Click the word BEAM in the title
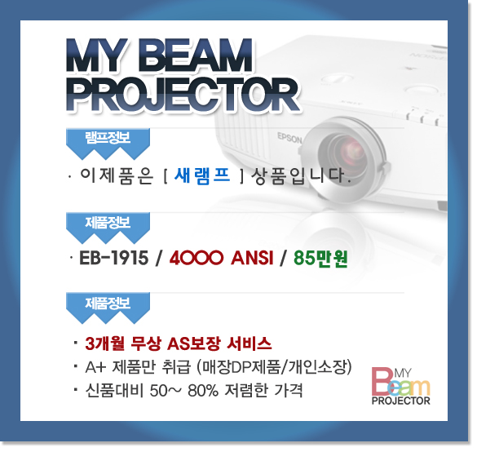pos(196,56)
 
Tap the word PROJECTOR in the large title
pos(183,94)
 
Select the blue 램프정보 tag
pos(108,143)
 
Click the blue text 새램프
pos(202,176)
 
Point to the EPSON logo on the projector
pos(289,138)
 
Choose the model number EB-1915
pos(114,258)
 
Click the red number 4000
pos(196,258)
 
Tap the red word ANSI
pos(252,258)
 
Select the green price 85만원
pos(320,259)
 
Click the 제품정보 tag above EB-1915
pos(108,228)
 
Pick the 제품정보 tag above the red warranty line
pos(108,308)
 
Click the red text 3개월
pos(104,343)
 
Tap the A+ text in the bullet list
pos(95,367)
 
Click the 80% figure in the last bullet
pos(203,391)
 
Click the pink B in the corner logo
pos(382,381)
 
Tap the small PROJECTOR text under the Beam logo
pos(400,401)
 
